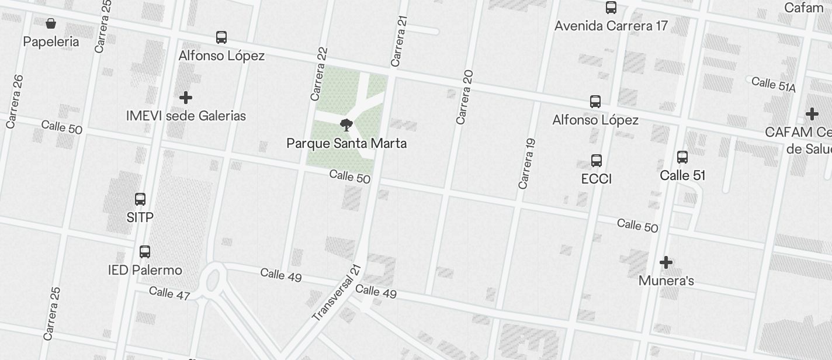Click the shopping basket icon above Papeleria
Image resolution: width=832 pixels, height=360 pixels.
tap(51, 23)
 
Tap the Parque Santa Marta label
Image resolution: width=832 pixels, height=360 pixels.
tap(346, 143)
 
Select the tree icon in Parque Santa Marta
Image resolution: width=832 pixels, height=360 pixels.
tap(346, 124)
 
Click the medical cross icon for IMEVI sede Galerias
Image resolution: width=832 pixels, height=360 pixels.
tap(186, 97)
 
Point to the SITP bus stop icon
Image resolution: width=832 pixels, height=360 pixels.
tap(140, 199)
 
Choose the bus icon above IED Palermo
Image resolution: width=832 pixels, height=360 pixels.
tap(145, 252)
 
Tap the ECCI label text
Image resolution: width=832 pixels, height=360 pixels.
tap(597, 179)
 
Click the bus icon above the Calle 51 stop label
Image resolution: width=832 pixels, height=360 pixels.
tap(682, 157)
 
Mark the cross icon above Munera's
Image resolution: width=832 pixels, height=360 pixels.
tap(666, 262)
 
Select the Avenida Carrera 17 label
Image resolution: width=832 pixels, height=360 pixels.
tap(611, 26)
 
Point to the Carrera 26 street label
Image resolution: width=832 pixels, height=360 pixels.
tap(15, 101)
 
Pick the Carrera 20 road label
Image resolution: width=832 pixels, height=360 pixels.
tap(464, 97)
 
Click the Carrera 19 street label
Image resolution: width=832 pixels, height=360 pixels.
tap(527, 164)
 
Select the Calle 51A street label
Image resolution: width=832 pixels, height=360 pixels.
tap(774, 84)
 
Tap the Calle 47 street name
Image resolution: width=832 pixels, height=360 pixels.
tap(169, 292)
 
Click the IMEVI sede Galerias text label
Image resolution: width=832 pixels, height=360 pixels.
tap(186, 116)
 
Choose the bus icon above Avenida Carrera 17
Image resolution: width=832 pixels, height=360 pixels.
tap(611, 8)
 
